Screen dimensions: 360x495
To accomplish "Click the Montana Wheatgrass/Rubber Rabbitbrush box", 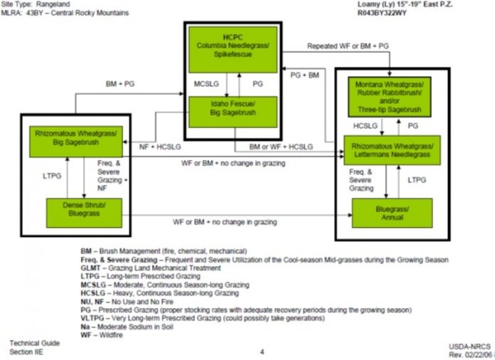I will click(x=389, y=96).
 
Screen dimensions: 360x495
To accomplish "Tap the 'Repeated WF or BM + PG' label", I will click(x=348, y=46).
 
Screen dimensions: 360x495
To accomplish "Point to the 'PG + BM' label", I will click(x=304, y=74).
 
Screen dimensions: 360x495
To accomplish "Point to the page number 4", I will click(x=262, y=352).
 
